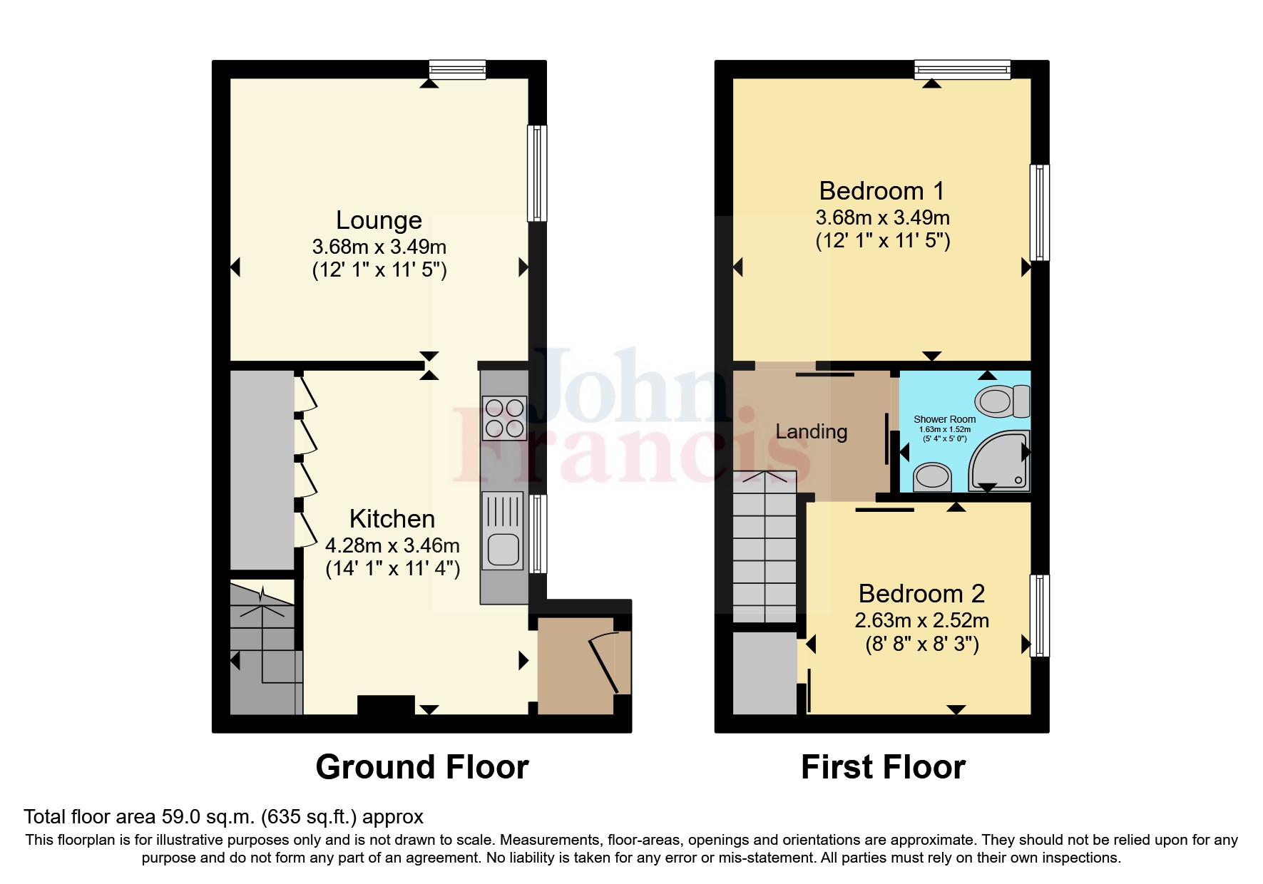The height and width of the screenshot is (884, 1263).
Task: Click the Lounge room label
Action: [379, 220]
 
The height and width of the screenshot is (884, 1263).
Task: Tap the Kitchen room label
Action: [392, 519]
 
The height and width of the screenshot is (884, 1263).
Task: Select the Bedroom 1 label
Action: [881, 191]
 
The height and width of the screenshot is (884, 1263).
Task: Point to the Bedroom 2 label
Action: [921, 594]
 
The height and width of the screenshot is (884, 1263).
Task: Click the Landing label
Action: [811, 432]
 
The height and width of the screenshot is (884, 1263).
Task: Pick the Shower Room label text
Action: [944, 419]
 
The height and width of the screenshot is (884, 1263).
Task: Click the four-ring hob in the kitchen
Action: [504, 418]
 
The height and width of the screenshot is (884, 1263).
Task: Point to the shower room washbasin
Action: [933, 477]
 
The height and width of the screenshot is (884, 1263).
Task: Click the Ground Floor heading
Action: [421, 768]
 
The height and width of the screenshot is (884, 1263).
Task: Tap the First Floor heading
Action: [883, 768]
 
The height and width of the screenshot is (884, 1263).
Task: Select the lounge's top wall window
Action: [457, 69]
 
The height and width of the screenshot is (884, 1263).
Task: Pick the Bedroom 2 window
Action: [1040, 615]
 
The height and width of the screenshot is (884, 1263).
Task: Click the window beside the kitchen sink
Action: [538, 533]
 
